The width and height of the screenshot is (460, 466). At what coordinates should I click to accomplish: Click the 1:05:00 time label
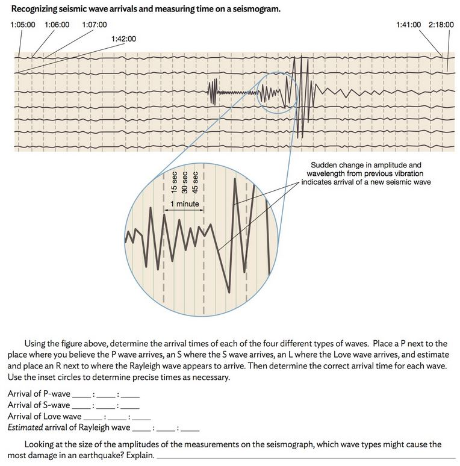23,25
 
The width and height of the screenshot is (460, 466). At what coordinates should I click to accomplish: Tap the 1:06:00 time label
57,25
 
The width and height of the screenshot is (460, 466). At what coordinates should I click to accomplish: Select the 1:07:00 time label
94,25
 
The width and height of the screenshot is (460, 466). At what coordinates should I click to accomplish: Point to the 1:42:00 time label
124,39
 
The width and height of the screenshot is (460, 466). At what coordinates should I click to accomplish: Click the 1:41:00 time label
408,25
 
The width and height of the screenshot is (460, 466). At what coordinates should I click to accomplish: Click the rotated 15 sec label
174,181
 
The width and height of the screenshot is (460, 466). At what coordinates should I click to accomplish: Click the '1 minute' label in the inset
184,203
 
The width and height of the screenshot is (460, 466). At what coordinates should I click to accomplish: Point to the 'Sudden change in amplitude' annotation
365,173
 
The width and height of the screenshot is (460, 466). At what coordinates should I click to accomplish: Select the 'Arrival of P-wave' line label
39,394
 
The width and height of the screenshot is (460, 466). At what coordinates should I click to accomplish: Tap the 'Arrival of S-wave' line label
39,405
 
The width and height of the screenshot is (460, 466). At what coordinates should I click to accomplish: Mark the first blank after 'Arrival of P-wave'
81,395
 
